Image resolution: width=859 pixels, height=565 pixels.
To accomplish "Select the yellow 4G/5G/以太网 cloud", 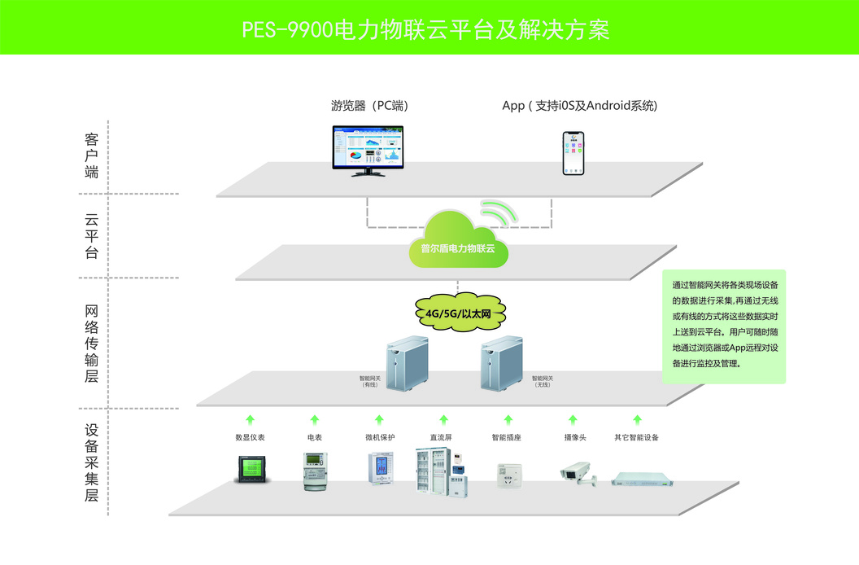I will click(x=456, y=312).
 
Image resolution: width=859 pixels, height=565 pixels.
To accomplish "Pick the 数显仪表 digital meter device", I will click(x=249, y=470).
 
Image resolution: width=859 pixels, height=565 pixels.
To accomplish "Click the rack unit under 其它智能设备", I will click(x=636, y=476).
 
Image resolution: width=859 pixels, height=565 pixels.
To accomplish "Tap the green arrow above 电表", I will click(x=315, y=419).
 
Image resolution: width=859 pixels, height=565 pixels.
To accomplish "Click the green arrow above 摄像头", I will click(x=572, y=419).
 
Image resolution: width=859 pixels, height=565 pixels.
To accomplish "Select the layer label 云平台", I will click(x=91, y=236).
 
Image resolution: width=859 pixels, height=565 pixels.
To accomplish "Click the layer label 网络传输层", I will click(x=91, y=343).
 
